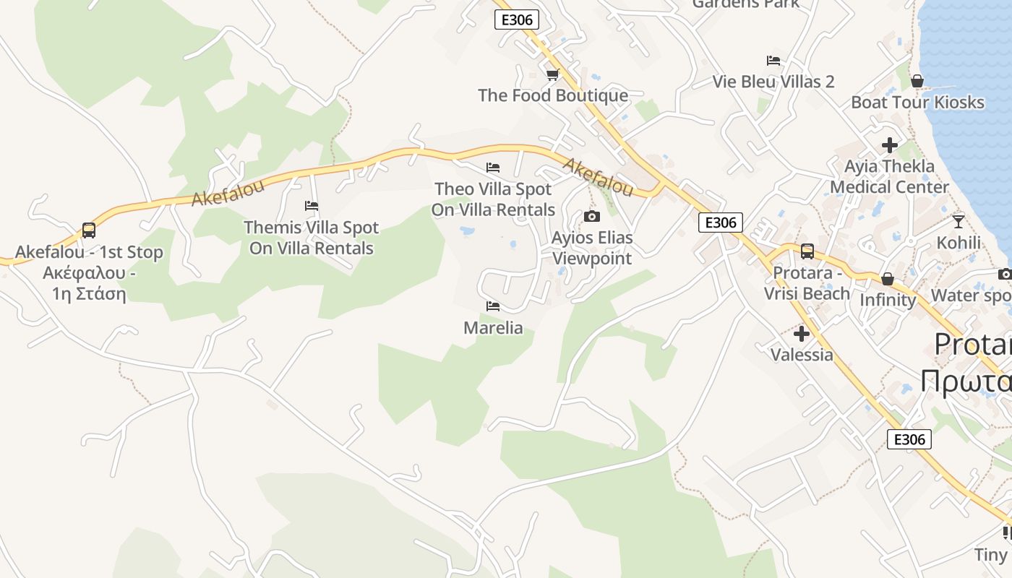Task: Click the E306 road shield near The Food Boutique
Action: (517, 20)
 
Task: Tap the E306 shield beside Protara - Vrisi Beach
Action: (721, 223)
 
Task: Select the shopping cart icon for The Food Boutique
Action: (553, 74)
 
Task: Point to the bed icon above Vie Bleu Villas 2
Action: (773, 61)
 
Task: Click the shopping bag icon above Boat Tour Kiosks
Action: (917, 81)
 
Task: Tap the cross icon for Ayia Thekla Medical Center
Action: (890, 145)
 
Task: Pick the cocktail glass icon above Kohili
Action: (959, 221)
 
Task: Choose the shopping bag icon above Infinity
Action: (888, 279)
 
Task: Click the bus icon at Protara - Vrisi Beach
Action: (807, 251)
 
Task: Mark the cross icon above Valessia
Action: (802, 334)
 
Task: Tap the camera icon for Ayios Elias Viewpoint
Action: (592, 216)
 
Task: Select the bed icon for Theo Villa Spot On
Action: (493, 168)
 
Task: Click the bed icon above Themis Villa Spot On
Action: (312, 206)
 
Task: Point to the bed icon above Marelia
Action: (493, 306)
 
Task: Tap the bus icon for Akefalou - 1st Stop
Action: (89, 230)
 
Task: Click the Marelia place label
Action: (493, 328)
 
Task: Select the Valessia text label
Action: (802, 355)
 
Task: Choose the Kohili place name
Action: (959, 243)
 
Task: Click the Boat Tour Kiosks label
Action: (917, 103)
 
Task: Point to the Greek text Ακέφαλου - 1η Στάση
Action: (89, 283)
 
